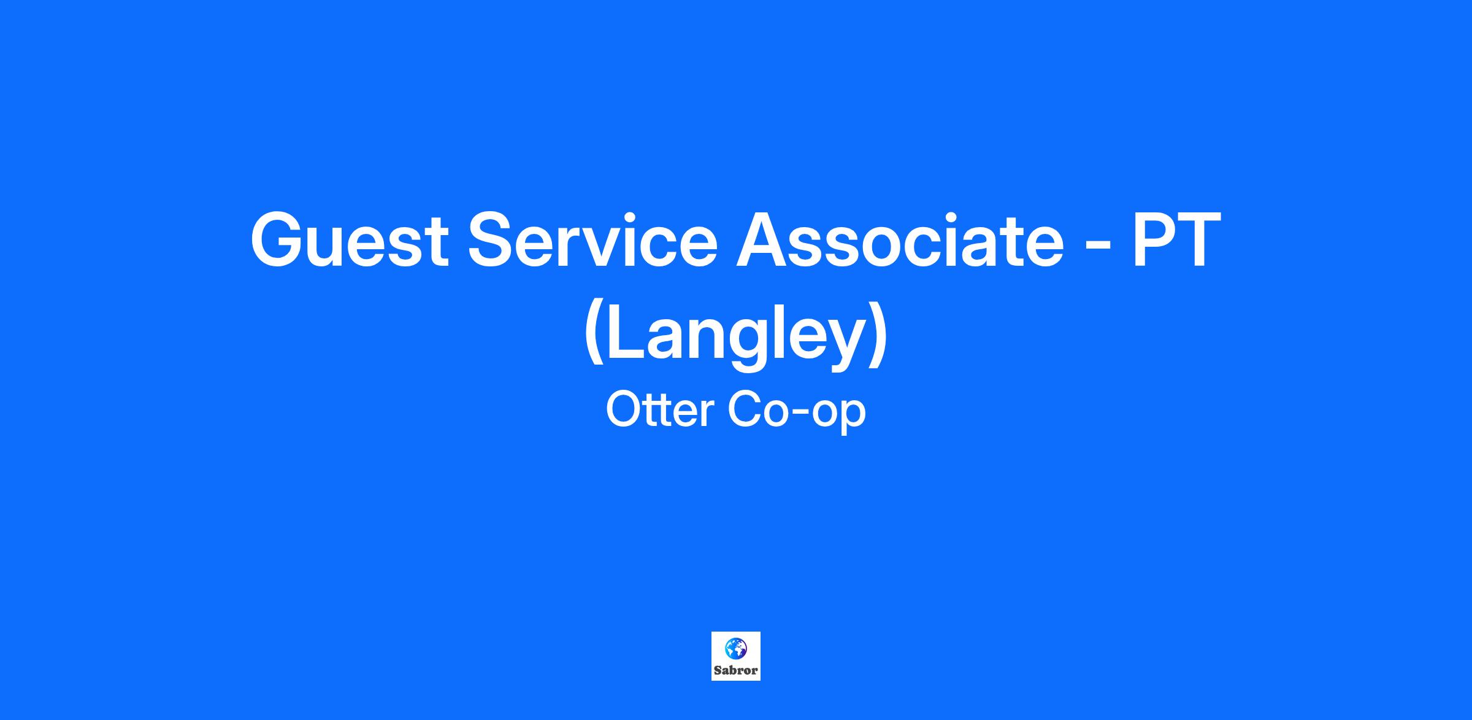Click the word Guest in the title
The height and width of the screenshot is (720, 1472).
point(350,239)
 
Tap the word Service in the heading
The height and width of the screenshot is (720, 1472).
point(592,239)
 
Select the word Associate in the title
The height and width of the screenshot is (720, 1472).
point(900,239)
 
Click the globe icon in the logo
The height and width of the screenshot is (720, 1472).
point(735,648)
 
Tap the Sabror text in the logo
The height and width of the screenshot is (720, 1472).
point(736,670)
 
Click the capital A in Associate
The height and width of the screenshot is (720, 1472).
point(764,239)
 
